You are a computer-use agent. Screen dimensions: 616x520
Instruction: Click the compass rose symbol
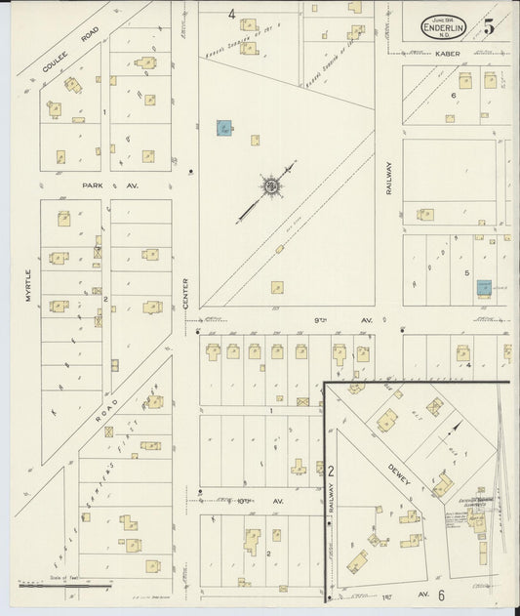click(x=270, y=185)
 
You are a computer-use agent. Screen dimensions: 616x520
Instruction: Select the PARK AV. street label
click(x=125, y=184)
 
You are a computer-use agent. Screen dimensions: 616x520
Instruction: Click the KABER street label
click(x=448, y=54)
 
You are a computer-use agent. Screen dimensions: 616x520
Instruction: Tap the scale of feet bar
click(x=64, y=586)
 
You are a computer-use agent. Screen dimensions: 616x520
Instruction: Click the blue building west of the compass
click(x=224, y=127)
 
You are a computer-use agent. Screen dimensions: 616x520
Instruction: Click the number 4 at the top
click(x=232, y=14)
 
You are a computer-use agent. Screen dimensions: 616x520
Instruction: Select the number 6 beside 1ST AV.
click(x=441, y=595)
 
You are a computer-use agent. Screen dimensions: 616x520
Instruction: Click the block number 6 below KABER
click(x=454, y=95)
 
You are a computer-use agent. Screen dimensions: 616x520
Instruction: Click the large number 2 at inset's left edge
click(x=332, y=471)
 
